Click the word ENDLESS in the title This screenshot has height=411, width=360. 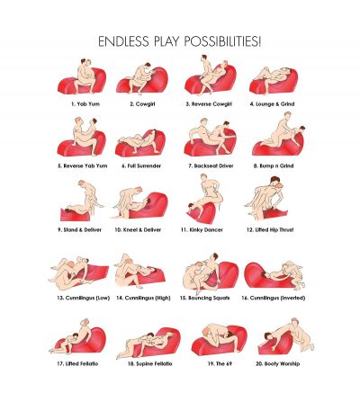[123, 41]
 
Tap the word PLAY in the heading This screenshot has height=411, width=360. [166, 41]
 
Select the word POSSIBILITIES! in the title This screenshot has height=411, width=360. [223, 41]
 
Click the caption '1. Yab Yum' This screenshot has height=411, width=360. [85, 104]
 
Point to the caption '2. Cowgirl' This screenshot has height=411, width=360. [142, 104]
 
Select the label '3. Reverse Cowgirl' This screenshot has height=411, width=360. [209, 104]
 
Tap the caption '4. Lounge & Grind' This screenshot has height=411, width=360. [273, 104]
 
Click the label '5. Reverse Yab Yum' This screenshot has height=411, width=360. [83, 165]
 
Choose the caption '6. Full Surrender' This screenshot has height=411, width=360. [141, 165]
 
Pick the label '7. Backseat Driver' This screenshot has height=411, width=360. [211, 165]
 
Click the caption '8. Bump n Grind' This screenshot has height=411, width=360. [274, 165]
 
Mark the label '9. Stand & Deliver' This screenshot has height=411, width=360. [79, 230]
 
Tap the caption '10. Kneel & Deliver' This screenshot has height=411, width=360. [138, 230]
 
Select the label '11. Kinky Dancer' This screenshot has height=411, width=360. [202, 230]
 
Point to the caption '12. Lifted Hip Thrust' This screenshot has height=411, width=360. [270, 230]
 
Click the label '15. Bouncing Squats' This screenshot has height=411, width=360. [205, 298]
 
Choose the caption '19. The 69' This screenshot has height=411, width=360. [220, 363]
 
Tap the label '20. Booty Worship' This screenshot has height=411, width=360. [277, 363]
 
